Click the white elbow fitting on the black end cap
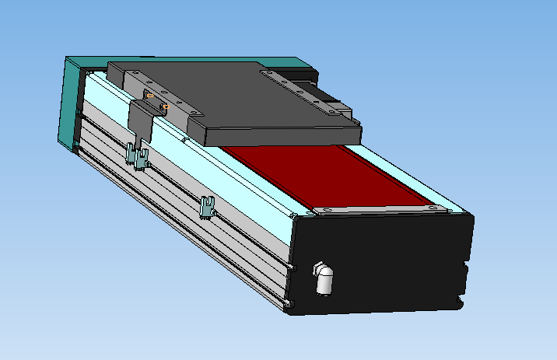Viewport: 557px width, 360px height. [x=324, y=278]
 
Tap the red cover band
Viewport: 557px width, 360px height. [x=311, y=175]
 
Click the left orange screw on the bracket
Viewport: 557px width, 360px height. [x=149, y=96]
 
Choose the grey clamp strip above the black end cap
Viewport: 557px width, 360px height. [x=373, y=208]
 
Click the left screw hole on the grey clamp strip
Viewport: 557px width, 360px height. [x=326, y=210]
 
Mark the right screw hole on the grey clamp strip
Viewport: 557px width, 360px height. [x=433, y=208]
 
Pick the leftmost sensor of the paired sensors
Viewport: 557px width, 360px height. [x=131, y=154]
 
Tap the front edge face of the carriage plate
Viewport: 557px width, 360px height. [x=280, y=139]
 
